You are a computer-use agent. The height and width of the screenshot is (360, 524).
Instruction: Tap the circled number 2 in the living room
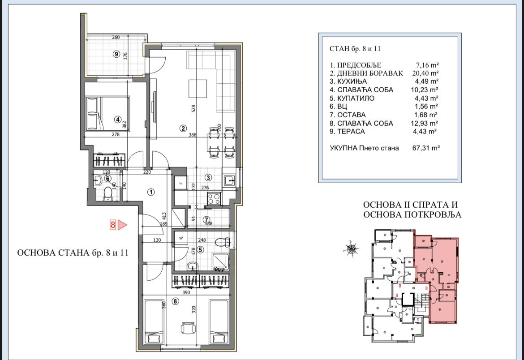(183, 128)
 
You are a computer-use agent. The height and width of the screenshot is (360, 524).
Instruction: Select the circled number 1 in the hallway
(151, 192)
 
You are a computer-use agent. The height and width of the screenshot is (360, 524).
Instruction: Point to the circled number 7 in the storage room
(206, 220)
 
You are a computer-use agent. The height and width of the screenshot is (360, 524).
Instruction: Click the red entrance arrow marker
(123, 225)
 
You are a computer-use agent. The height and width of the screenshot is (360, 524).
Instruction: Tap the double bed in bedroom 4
(107, 113)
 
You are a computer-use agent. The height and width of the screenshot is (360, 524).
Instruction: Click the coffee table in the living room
(197, 89)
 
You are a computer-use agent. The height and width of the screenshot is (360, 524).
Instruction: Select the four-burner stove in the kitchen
(214, 199)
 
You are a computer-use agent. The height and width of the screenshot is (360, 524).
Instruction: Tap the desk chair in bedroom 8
(188, 328)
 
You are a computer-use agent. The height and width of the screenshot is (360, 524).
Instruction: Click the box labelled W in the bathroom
(181, 238)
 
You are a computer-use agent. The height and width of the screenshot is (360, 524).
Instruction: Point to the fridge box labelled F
(181, 183)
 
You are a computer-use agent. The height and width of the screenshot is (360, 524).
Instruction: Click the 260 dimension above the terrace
(116, 38)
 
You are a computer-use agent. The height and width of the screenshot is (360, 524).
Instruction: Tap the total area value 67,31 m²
(426, 148)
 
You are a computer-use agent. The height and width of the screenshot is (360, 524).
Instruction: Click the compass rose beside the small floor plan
(352, 249)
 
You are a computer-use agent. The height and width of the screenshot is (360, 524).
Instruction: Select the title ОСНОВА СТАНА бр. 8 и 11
(73, 253)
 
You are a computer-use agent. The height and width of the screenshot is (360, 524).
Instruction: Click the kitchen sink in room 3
(230, 181)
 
